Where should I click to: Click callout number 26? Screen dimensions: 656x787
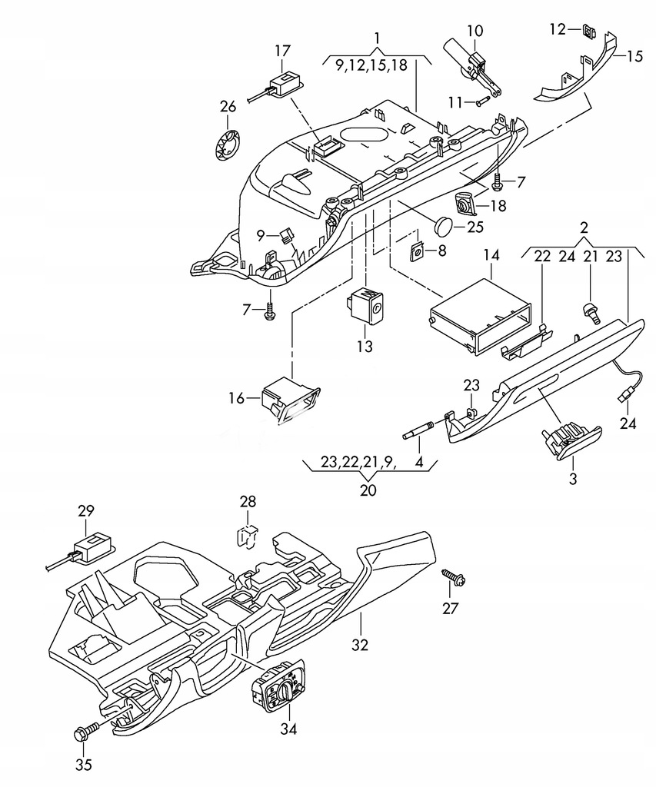[228, 107]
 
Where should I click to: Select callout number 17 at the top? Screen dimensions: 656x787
[283, 51]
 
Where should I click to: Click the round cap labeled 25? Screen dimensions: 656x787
[443, 225]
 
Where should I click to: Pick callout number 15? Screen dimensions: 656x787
[635, 55]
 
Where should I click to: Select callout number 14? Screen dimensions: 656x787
[491, 255]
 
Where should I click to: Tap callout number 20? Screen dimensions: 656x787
[368, 490]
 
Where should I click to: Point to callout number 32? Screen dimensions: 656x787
[360, 645]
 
